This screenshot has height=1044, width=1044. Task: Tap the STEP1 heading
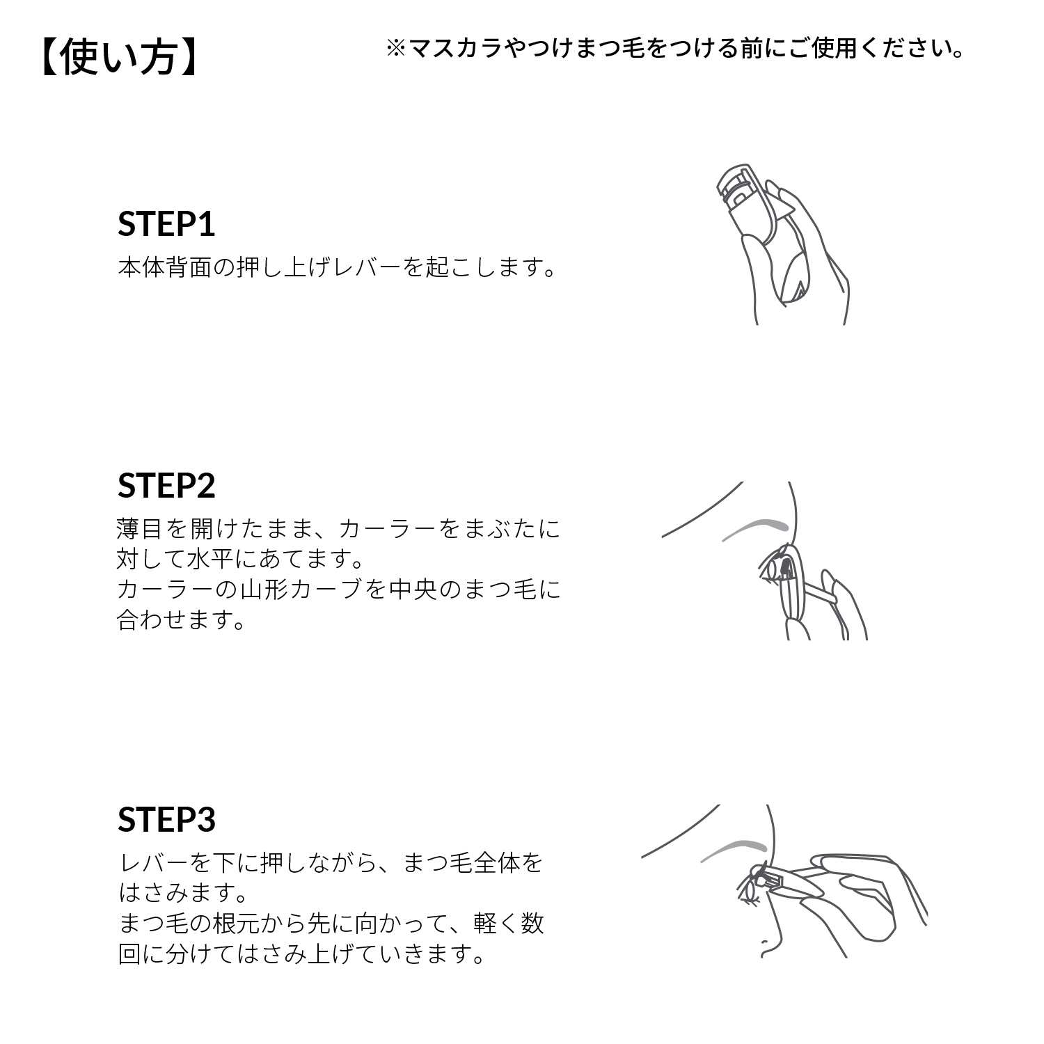tap(166, 224)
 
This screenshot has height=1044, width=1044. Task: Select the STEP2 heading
tap(166, 485)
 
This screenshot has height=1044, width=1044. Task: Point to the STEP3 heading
tap(166, 819)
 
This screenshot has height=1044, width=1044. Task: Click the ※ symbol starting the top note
tap(395, 49)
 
